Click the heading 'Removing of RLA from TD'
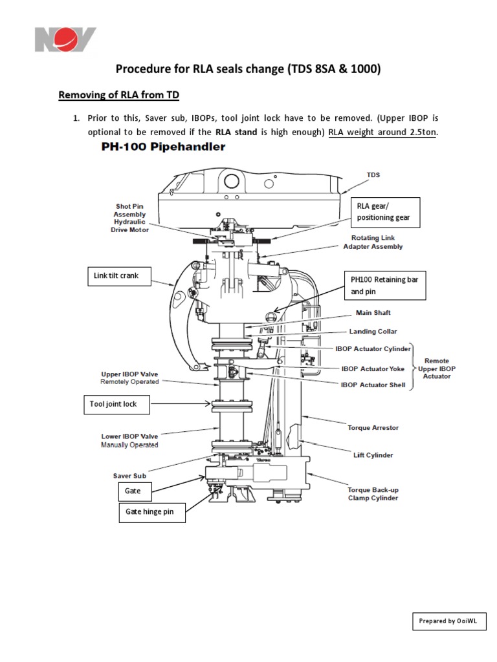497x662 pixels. (x=118, y=96)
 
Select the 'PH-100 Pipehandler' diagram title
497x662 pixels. (x=162, y=147)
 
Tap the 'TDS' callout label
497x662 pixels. (x=373, y=175)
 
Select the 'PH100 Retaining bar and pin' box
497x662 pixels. (x=384, y=285)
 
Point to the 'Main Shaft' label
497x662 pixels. (x=373, y=313)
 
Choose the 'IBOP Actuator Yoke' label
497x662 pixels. (x=373, y=368)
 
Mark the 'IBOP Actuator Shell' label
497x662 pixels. (x=373, y=385)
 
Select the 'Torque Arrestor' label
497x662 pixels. (x=373, y=428)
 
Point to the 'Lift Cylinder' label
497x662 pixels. (x=373, y=455)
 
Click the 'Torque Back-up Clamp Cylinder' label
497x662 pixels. (x=373, y=494)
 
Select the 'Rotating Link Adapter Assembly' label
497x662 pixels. (x=373, y=242)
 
